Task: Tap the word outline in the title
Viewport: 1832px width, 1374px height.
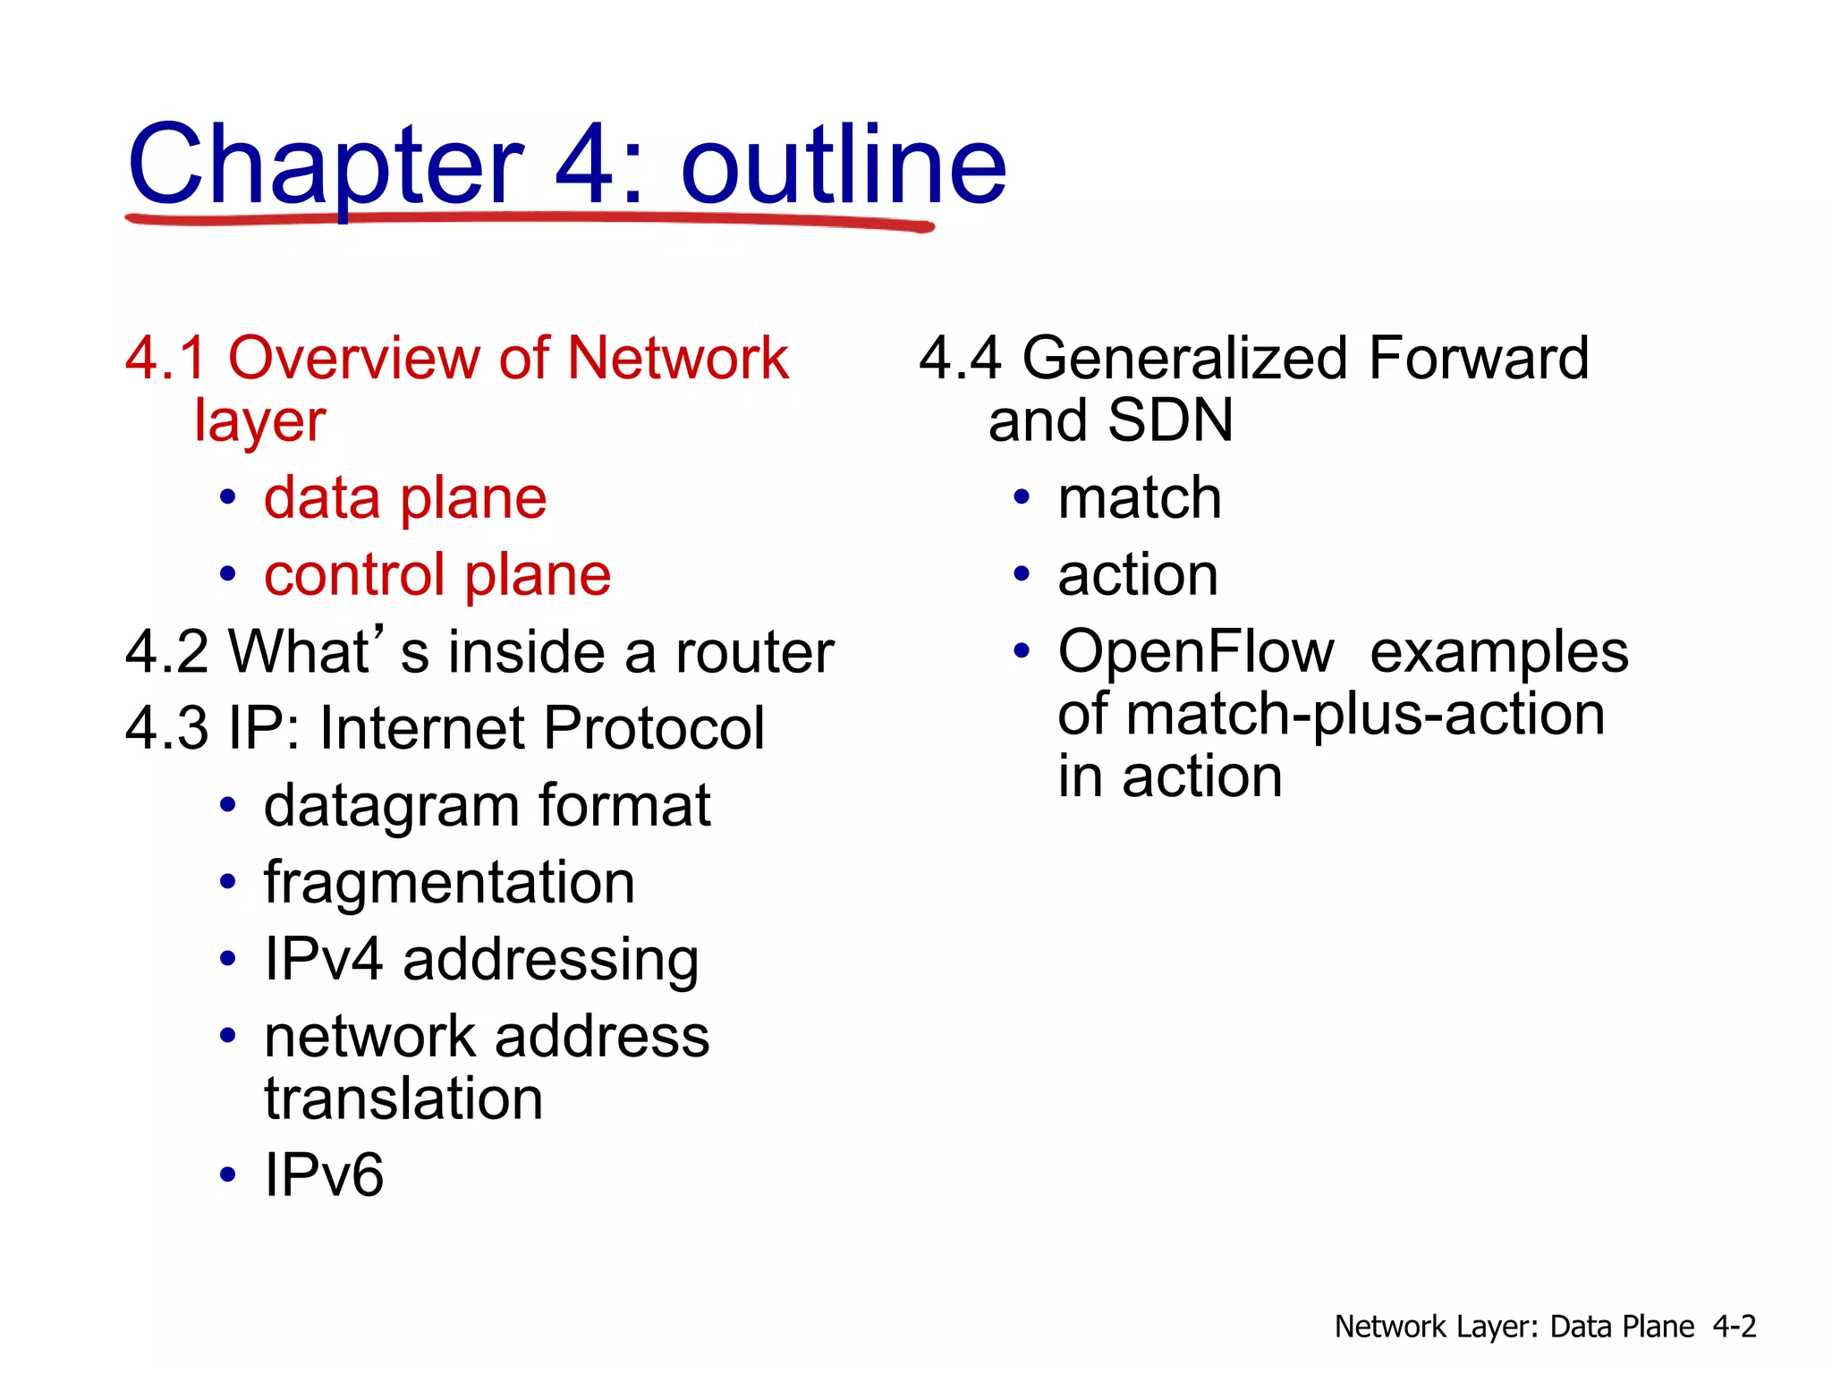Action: (844, 166)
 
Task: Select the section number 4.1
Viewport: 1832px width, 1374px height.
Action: (166, 359)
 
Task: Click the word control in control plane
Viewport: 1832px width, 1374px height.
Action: (354, 574)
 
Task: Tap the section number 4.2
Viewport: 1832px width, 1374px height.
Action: (166, 651)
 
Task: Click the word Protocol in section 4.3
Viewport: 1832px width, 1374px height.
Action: (654, 728)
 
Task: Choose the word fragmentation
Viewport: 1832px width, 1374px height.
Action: (449, 883)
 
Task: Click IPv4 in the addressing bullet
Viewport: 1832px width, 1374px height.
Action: (324, 959)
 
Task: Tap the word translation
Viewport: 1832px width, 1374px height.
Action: (403, 1098)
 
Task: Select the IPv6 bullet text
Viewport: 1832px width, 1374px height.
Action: (324, 1175)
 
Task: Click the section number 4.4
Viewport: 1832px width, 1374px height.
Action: (960, 359)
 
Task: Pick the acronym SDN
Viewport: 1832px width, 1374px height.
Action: (1170, 420)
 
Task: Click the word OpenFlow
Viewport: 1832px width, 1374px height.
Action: (1196, 651)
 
